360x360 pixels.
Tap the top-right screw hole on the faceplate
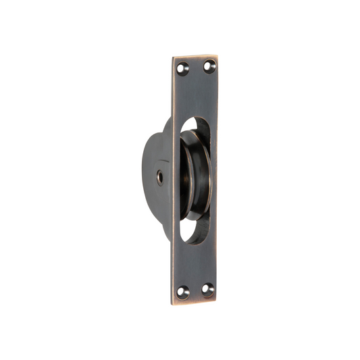(x=209, y=66)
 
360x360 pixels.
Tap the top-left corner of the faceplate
(x=173, y=57)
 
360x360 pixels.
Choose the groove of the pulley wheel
(x=191, y=177)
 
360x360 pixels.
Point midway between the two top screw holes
(x=196, y=67)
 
